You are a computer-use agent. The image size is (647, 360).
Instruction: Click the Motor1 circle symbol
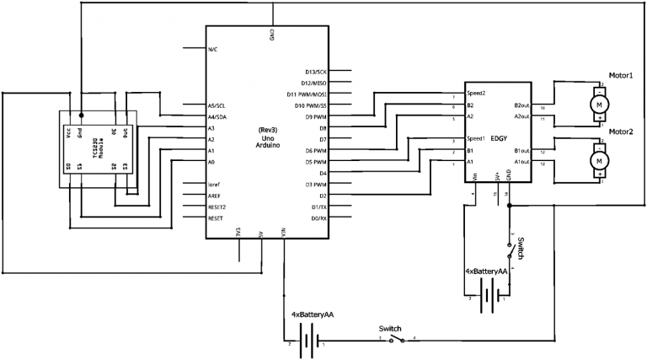coord(600,103)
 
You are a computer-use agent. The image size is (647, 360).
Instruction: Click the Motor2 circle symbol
coord(600,158)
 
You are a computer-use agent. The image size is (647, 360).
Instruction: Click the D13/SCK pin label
coord(317,72)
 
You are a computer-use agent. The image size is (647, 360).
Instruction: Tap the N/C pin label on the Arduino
coord(213,49)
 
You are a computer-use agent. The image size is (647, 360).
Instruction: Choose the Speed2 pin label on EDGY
coord(477,93)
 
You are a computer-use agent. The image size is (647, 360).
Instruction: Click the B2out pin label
coord(523,105)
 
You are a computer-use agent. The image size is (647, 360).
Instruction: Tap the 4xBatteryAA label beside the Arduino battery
coord(313,314)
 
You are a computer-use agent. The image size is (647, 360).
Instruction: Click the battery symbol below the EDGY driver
coord(488,295)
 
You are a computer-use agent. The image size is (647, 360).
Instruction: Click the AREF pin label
coord(216,195)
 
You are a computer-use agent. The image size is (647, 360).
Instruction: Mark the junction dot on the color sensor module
coord(81,116)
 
